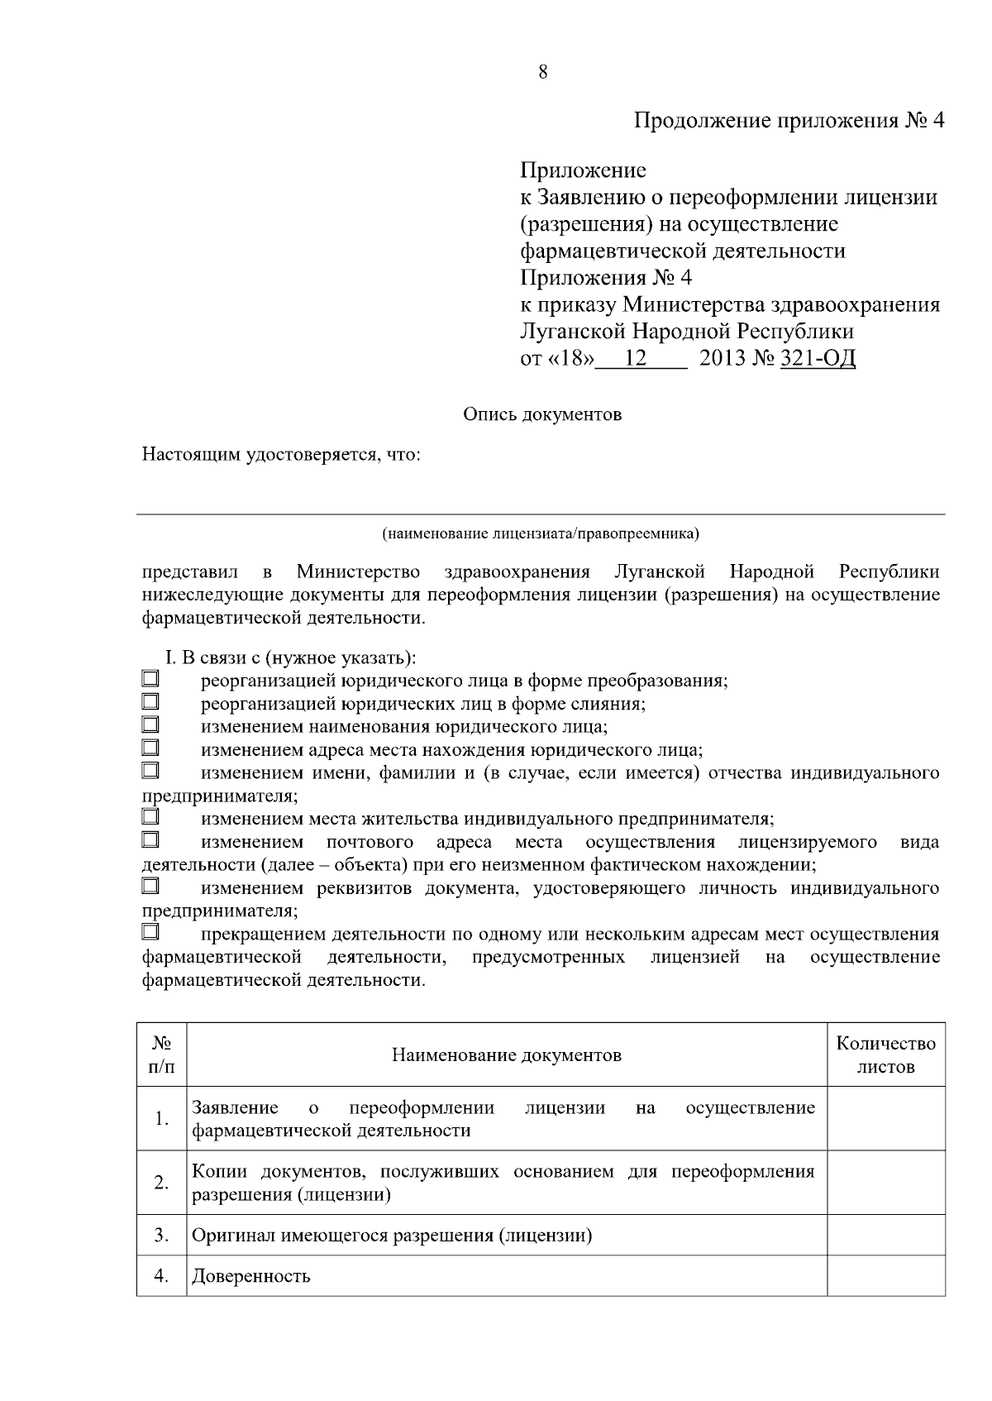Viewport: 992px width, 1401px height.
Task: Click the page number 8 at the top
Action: pyautogui.click(x=542, y=72)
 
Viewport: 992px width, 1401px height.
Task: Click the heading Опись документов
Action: pyautogui.click(x=541, y=414)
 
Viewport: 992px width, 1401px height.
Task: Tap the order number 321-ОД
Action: pyautogui.click(x=818, y=358)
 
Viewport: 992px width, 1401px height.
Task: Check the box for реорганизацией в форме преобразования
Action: pyautogui.click(x=150, y=679)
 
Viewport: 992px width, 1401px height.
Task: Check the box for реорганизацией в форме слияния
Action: pyautogui.click(x=150, y=702)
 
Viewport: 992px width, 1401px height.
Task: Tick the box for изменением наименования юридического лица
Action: pyautogui.click(x=150, y=725)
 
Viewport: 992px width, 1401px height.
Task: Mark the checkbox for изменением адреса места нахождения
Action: pyautogui.click(x=150, y=748)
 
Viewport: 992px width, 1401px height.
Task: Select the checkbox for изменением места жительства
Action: pyautogui.click(x=150, y=817)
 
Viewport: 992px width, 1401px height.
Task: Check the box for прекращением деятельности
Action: pyautogui.click(x=150, y=932)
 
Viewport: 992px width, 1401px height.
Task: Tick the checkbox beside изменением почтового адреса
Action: pyautogui.click(x=150, y=840)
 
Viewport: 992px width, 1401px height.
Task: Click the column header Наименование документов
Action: pyautogui.click(x=506, y=1054)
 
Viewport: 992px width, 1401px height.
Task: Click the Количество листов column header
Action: pyautogui.click(x=886, y=1054)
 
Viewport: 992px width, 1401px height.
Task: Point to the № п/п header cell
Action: pyautogui.click(x=161, y=1054)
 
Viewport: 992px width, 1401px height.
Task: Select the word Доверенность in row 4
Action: pyautogui.click(x=251, y=1276)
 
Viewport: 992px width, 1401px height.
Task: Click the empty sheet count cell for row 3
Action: pyautogui.click(x=886, y=1236)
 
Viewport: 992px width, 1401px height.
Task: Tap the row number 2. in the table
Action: pyautogui.click(x=161, y=1183)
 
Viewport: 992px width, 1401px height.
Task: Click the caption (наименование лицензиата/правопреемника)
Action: pyautogui.click(x=541, y=533)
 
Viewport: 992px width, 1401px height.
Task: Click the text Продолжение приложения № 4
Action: pyautogui.click(x=789, y=121)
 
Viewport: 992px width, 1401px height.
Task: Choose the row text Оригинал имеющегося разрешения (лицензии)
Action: pyautogui.click(x=392, y=1236)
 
